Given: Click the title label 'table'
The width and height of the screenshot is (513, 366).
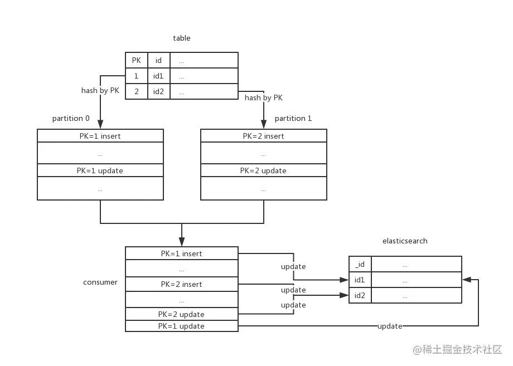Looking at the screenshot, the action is pyautogui.click(x=182, y=38).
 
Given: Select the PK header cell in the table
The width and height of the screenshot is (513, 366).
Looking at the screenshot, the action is pyautogui.click(x=137, y=60).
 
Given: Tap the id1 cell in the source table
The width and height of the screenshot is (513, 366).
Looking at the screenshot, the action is pyautogui.click(x=159, y=76).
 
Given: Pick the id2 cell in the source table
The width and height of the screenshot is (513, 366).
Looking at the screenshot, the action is pyautogui.click(x=159, y=91).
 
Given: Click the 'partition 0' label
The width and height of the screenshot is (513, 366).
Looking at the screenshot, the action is pyautogui.click(x=71, y=118).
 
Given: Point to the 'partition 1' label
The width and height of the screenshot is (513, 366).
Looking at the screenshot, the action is pyautogui.click(x=293, y=118).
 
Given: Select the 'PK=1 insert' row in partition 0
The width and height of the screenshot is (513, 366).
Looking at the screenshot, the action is pyautogui.click(x=100, y=136).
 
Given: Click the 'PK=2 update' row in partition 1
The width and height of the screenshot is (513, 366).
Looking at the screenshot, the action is pyautogui.click(x=263, y=170).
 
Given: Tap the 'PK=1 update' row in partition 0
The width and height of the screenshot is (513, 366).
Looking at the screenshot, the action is pyautogui.click(x=100, y=170).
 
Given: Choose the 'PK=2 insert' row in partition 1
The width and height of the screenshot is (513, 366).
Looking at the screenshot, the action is pyautogui.click(x=263, y=136).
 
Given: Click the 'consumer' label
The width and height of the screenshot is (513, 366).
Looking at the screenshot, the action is pyautogui.click(x=100, y=282).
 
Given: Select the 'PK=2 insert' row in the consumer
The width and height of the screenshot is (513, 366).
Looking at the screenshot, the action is pyautogui.click(x=182, y=284).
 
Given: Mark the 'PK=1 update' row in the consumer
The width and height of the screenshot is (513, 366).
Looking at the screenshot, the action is pyautogui.click(x=182, y=326).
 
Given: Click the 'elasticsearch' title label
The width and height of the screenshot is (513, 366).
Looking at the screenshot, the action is pyautogui.click(x=405, y=241).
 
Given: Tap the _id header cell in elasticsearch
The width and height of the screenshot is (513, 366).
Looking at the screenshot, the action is pyautogui.click(x=360, y=264).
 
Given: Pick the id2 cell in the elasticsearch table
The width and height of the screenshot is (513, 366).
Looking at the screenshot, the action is pyautogui.click(x=360, y=295).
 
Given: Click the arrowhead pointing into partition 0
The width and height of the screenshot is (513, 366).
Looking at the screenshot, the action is pyautogui.click(x=100, y=124).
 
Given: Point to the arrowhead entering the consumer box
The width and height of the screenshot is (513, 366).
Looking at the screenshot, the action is pyautogui.click(x=182, y=242).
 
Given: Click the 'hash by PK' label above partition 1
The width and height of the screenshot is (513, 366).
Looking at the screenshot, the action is pyautogui.click(x=263, y=97).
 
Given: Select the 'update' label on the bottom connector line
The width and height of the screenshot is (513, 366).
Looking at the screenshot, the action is pyautogui.click(x=390, y=326).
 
